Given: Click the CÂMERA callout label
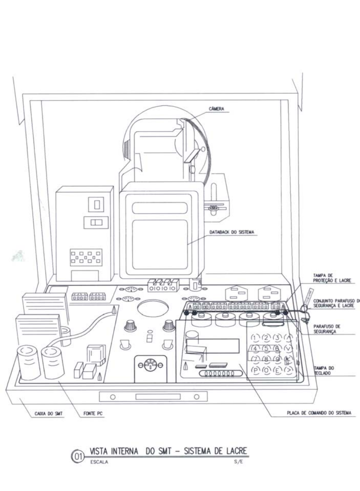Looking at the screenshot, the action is [x=217, y=109].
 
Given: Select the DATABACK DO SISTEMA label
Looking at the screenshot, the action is [x=232, y=232].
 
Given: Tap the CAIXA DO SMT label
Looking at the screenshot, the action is [x=48, y=414].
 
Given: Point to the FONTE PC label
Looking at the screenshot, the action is [x=93, y=414].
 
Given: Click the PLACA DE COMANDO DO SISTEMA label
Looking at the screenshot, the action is [x=319, y=413].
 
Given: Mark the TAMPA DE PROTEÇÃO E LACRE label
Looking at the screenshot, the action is [x=332, y=278].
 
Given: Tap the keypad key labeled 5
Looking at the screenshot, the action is [x=266, y=348].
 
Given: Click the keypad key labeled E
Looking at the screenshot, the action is [x=278, y=371].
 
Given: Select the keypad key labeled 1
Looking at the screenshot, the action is [x=255, y=338].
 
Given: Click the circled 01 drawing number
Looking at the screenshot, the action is [x=77, y=457].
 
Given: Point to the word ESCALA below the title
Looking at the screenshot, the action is [x=99, y=462].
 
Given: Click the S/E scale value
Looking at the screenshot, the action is [x=238, y=461].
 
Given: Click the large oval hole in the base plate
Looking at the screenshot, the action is [x=153, y=309].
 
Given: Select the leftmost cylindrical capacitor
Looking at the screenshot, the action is [x=29, y=363].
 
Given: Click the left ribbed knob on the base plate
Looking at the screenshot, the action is [x=130, y=326].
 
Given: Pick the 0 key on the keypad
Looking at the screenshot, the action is [x=266, y=371].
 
